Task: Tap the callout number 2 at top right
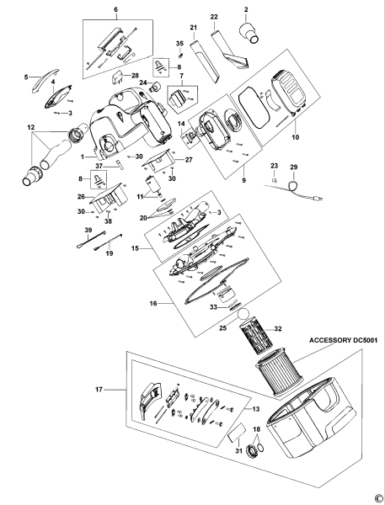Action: click(246, 10)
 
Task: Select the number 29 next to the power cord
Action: click(293, 168)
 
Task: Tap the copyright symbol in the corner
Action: click(378, 497)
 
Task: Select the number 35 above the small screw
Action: click(179, 43)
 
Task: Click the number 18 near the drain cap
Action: click(257, 429)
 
